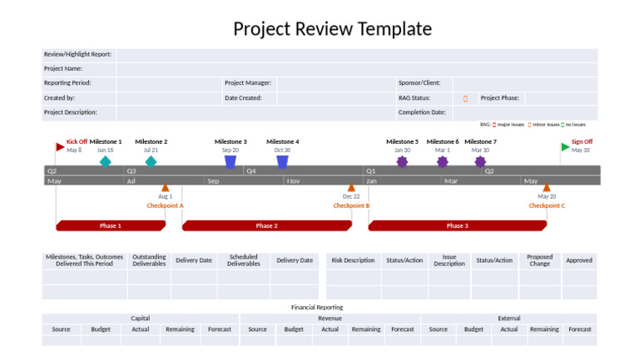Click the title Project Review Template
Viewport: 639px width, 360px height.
pyautogui.click(x=332, y=29)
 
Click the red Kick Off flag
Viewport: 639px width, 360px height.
pyautogui.click(x=60, y=147)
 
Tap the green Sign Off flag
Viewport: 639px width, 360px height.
pyautogui.click(x=565, y=147)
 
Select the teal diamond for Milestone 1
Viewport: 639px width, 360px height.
pyautogui.click(x=105, y=161)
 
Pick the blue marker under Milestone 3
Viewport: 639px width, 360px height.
pyautogui.click(x=230, y=162)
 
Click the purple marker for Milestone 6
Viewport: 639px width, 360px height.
pyautogui.click(x=443, y=161)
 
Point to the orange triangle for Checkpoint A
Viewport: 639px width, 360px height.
pyautogui.click(x=165, y=188)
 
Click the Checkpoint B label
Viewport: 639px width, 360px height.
pyautogui.click(x=351, y=205)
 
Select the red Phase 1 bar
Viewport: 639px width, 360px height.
pyautogui.click(x=110, y=225)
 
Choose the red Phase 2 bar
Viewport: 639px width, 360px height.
pyautogui.click(x=266, y=225)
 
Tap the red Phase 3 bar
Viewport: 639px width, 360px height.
pyautogui.click(x=457, y=225)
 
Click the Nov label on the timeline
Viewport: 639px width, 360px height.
pyautogui.click(x=295, y=180)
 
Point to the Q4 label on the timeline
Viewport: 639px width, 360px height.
pyautogui.click(x=251, y=170)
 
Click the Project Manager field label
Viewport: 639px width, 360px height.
pyautogui.click(x=248, y=83)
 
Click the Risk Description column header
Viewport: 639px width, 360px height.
pyautogui.click(x=353, y=260)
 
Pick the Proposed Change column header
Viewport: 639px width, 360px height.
pyautogui.click(x=539, y=260)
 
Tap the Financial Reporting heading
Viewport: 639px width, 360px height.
pyautogui.click(x=317, y=307)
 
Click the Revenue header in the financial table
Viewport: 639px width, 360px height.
pyautogui.click(x=329, y=318)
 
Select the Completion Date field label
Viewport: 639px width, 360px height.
pyautogui.click(x=422, y=112)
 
